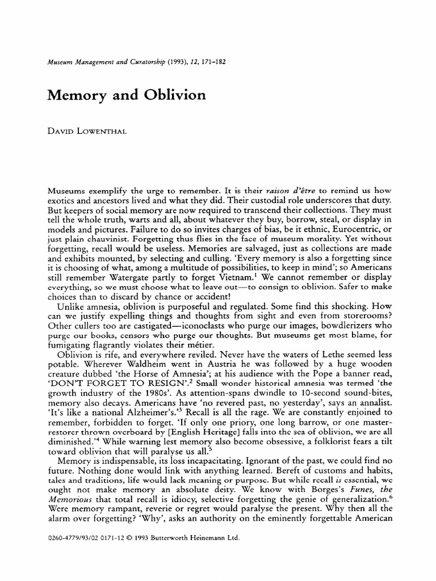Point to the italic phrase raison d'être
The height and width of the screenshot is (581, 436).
(x=269, y=192)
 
